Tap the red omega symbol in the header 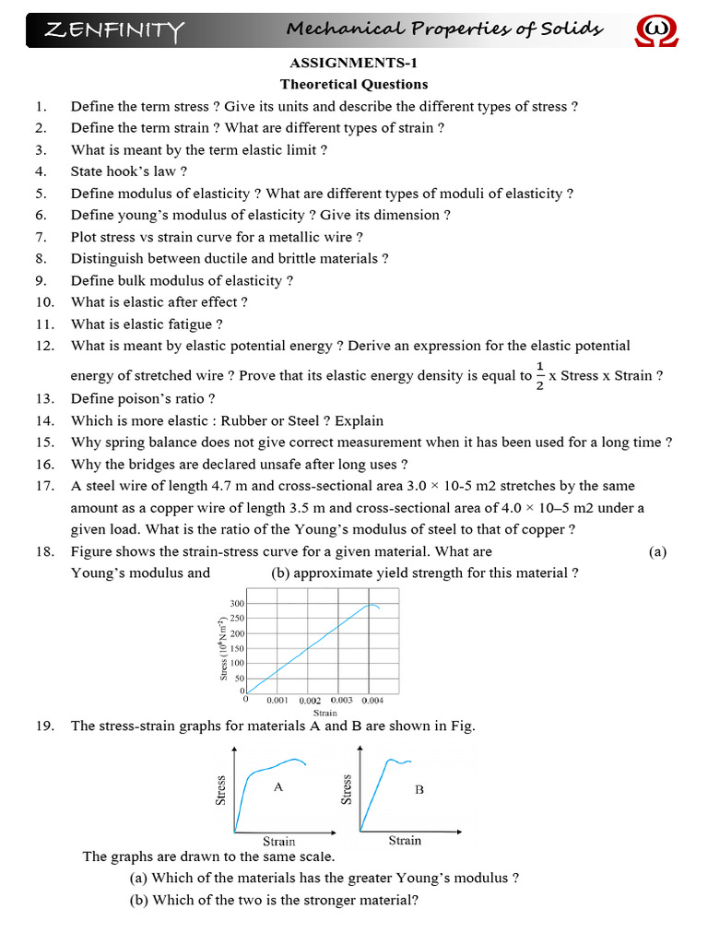coord(655,31)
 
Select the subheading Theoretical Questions coord(354,84)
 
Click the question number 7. coord(41,237)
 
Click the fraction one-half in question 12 coord(539,376)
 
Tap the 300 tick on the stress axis coord(236,603)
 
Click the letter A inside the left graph coord(277,786)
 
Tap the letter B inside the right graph coord(419,789)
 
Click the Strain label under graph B coord(405,840)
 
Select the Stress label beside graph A coord(221,789)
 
